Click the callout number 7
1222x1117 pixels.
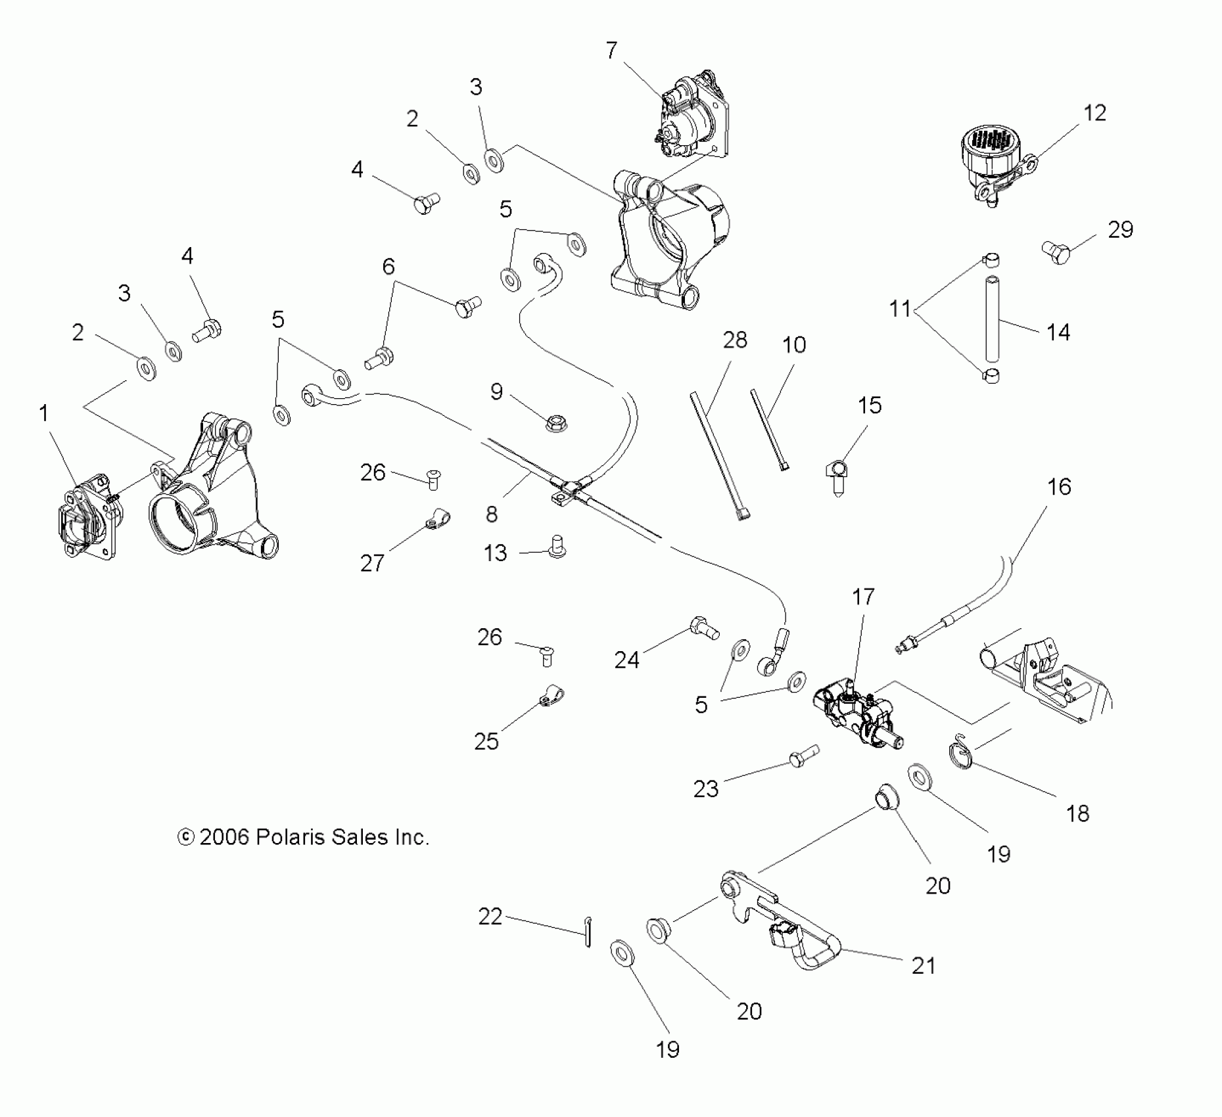pos(611,51)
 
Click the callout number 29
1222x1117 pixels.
pos(1121,230)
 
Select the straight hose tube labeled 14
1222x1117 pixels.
pos(992,319)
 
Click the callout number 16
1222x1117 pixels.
pos(1059,487)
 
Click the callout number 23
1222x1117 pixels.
pos(706,788)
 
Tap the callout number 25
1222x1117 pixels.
pos(486,741)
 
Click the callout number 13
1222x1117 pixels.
pos(496,553)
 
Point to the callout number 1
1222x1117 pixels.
pos(43,413)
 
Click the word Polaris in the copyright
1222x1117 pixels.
pos(288,837)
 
